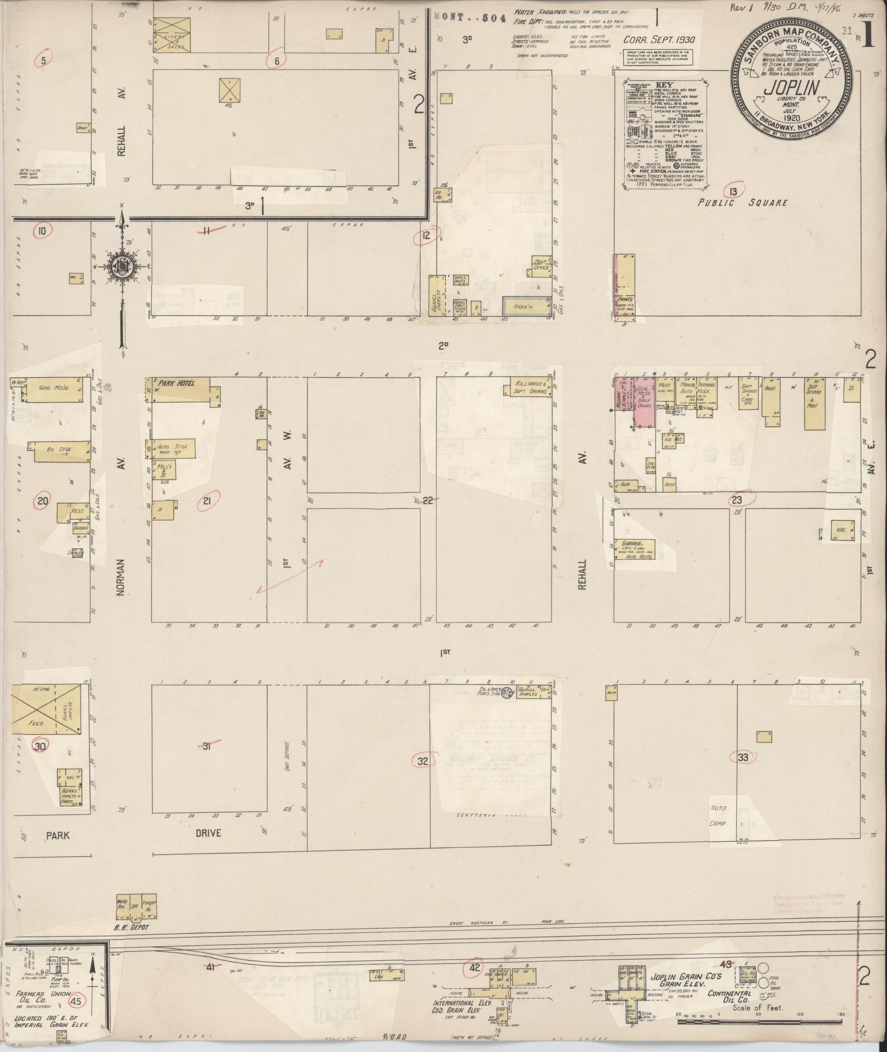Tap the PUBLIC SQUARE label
pyautogui.click(x=742, y=202)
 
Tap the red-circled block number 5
pyautogui.click(x=43, y=59)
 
